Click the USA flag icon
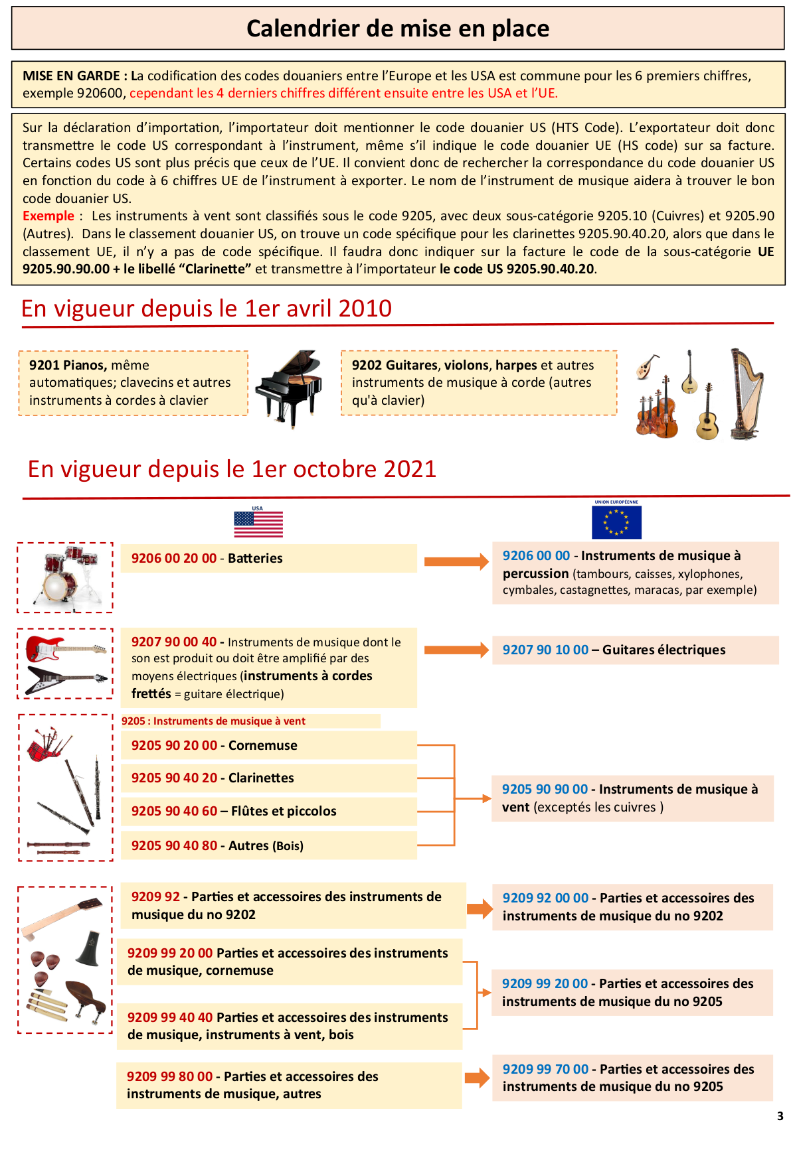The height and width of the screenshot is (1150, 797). tap(258, 524)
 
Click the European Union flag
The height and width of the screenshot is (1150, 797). tap(616, 522)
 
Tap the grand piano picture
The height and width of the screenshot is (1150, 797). tap(290, 388)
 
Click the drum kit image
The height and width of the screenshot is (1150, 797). tap(65, 576)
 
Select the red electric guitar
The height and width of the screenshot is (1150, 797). tap(65, 648)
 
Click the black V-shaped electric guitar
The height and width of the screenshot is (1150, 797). tap(65, 680)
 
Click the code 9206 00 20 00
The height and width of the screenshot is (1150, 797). tap(174, 558)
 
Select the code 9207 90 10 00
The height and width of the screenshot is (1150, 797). tap(545, 650)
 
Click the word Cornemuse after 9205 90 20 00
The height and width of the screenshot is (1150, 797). tap(262, 745)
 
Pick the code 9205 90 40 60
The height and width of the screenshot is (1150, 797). tap(174, 811)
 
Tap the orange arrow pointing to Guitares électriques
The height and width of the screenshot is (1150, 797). tap(456, 650)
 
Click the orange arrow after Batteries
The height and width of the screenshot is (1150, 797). tap(456, 562)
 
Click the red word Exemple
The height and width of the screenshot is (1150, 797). tap(48, 216)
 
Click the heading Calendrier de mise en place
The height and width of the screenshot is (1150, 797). tap(398, 29)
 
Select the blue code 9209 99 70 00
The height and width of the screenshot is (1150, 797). tap(545, 1069)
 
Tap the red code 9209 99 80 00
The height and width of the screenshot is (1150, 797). tap(170, 1076)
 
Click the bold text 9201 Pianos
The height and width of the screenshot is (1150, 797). tap(68, 365)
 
